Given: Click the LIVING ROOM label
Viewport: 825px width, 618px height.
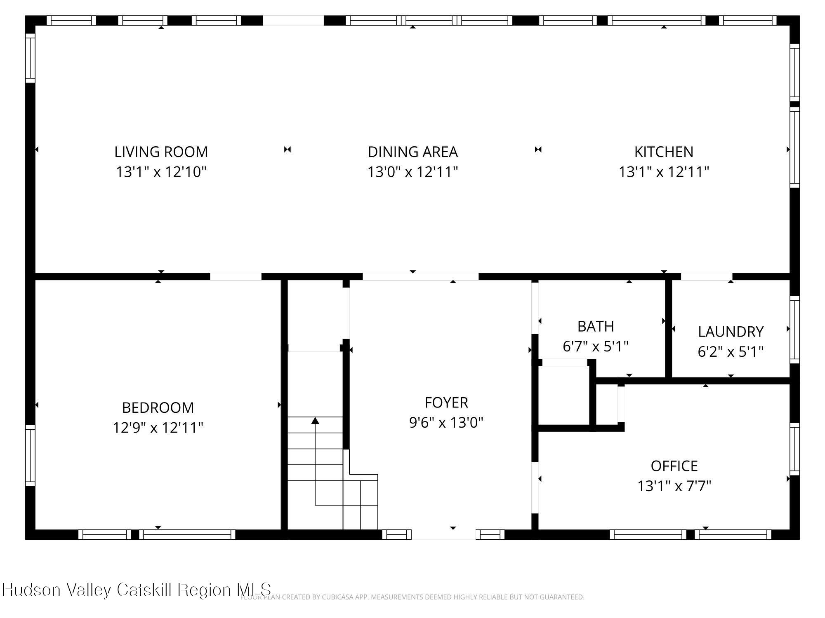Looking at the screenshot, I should (161, 152).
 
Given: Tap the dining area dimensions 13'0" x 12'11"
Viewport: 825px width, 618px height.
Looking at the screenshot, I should (412, 172).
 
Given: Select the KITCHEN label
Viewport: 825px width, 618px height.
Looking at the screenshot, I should (663, 152).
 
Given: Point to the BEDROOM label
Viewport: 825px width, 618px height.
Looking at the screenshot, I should (158, 407).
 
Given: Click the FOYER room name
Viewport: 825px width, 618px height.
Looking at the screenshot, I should (446, 402).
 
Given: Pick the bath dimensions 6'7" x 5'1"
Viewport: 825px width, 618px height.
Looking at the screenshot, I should (595, 346).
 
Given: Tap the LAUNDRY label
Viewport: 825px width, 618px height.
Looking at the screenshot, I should (731, 332).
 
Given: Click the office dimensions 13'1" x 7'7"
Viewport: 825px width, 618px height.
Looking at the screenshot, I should (674, 486).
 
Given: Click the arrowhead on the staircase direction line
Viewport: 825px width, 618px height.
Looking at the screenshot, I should (315, 421).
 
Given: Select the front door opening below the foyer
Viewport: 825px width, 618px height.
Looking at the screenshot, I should (444, 534).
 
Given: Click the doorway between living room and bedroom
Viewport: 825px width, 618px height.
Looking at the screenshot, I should (236, 276).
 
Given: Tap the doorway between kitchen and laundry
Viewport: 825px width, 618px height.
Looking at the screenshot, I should (706, 276).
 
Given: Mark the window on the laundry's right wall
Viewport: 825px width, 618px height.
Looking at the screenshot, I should (794, 330).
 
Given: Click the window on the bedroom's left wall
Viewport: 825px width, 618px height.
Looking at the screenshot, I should (30, 455).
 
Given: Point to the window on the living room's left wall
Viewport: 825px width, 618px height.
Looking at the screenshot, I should (30, 58).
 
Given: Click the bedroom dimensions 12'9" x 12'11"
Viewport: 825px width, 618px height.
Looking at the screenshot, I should (158, 428).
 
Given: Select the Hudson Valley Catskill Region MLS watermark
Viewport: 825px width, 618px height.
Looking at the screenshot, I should (136, 590).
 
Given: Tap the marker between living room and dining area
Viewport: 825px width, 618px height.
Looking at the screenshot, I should (288, 150).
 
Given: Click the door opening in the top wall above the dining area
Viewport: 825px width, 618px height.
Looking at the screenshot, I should (293, 21).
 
